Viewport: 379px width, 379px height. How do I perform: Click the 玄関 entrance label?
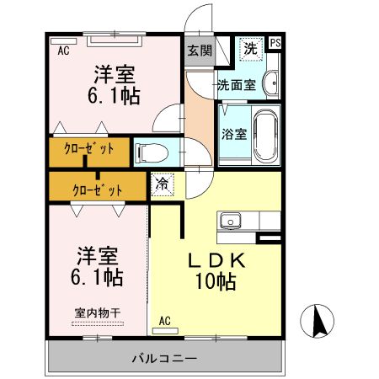pyautogui.click(x=199, y=51)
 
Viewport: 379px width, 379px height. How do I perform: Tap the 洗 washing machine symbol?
pyautogui.click(x=249, y=50)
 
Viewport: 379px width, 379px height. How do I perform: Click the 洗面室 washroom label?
pyautogui.click(x=237, y=84)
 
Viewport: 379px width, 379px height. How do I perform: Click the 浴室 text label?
pyautogui.click(x=234, y=133)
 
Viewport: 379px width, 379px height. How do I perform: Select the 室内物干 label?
pyautogui.click(x=98, y=312)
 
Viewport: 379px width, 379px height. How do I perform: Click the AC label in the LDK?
pyautogui.click(x=165, y=320)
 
